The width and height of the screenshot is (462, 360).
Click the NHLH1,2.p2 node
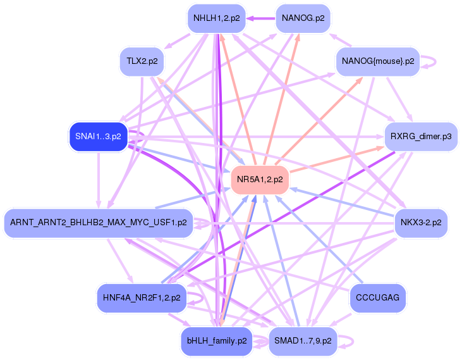pos(217,18)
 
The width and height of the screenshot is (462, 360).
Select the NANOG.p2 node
pos(303,18)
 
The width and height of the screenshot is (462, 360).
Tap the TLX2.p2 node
pos(142,61)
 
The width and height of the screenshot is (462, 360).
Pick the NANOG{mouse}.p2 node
pos(378,61)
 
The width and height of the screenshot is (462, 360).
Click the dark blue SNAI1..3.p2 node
pos(98,137)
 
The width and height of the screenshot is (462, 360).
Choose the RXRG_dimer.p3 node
pos(421,137)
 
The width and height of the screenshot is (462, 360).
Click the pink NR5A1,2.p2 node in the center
pos(260,180)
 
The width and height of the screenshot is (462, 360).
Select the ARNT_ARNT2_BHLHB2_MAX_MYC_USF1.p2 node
pos(99,223)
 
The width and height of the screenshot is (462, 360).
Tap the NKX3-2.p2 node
pos(421,223)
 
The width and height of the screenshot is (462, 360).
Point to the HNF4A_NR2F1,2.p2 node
pos(142,298)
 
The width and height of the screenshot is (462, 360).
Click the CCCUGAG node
pos(377,298)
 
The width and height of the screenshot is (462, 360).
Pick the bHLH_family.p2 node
pos(217,341)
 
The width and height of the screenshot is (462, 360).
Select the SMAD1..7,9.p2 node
pos(303,341)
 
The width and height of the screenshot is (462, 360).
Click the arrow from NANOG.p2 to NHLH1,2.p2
pos(261,18)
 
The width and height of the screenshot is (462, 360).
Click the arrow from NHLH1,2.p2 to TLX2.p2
pos(178,41)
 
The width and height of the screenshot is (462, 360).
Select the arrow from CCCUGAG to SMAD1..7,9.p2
pos(341,320)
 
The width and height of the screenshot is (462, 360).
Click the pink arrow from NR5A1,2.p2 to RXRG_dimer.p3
pos(337,159)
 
